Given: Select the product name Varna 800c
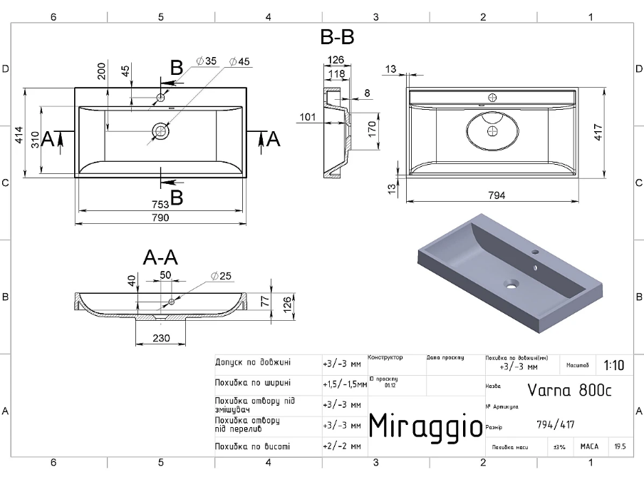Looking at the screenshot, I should click(x=569, y=389).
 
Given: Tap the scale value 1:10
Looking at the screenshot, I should click(x=613, y=365).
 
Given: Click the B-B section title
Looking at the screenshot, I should click(x=337, y=37).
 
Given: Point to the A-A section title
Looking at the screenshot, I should click(x=160, y=257).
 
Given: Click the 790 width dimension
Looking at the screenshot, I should click(x=160, y=218).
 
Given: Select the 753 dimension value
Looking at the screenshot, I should click(x=160, y=205).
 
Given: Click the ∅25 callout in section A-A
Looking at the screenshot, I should click(x=223, y=276).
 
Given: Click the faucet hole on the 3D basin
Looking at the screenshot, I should click(x=535, y=253).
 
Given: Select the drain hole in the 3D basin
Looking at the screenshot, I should click(x=509, y=284).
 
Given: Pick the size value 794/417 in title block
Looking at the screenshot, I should click(x=556, y=426).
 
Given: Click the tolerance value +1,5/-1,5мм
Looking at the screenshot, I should click(x=345, y=384).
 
